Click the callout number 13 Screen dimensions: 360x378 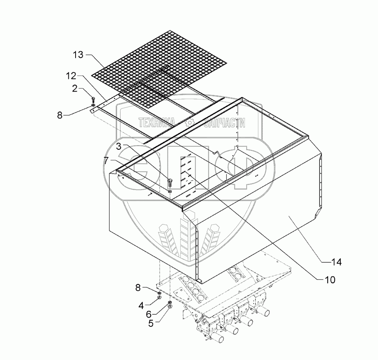tap(78, 55)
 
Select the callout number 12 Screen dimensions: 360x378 tap(71, 76)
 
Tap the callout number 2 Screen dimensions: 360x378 tap(74, 88)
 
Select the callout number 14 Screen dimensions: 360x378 tap(336, 262)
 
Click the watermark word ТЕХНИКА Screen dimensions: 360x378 tap(156, 123)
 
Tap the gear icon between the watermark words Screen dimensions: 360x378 tap(189, 123)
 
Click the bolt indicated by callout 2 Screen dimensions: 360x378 tap(93, 99)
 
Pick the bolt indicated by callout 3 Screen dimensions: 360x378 tap(170, 183)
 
